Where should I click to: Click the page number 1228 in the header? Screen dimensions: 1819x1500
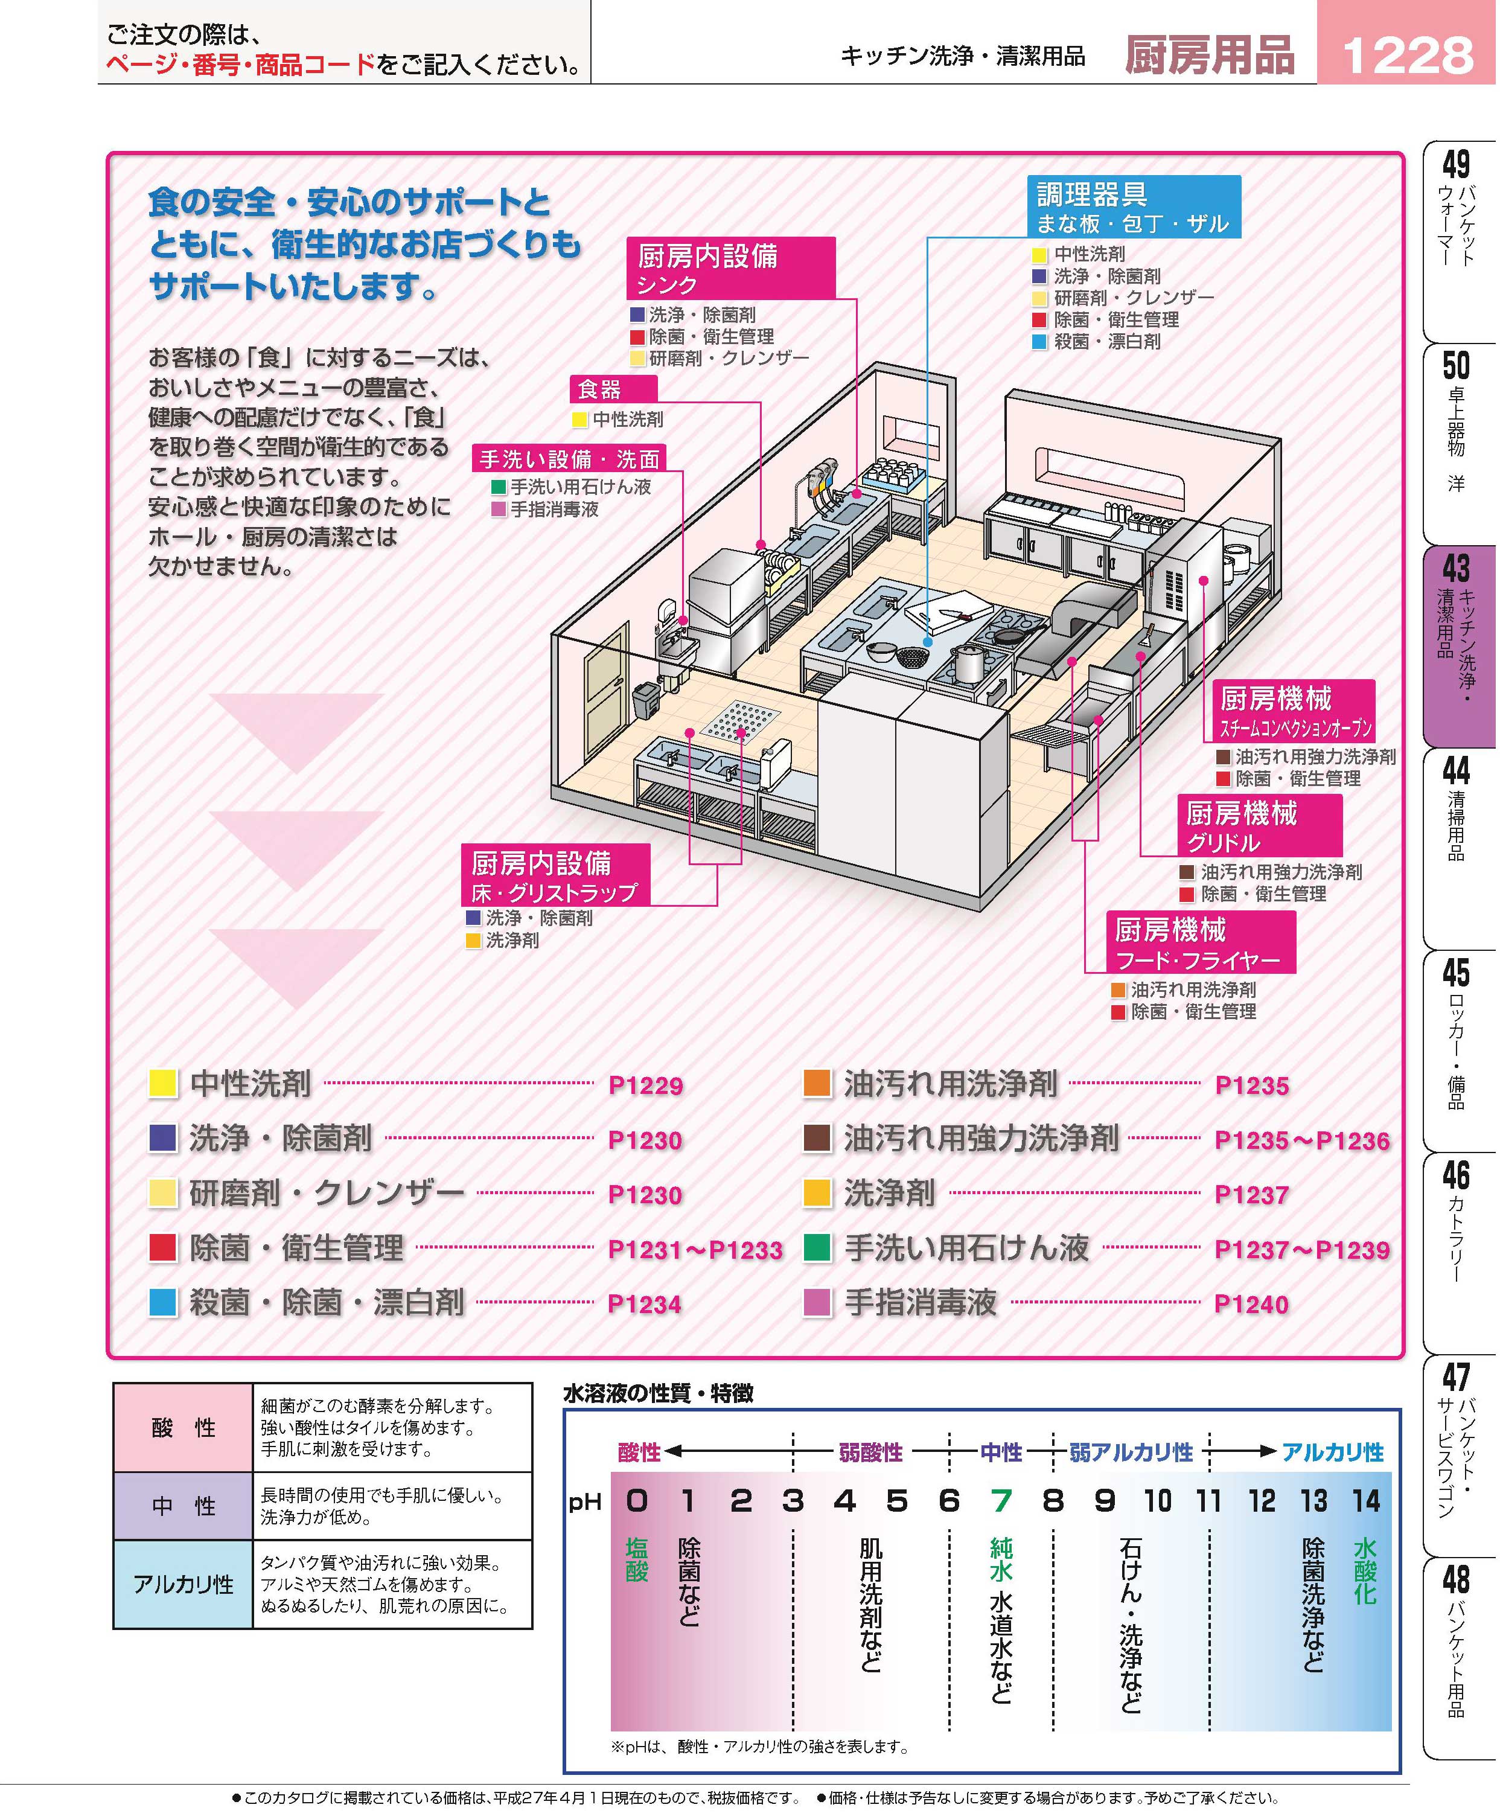pyautogui.click(x=1408, y=56)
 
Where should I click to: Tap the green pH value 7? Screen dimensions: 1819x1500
pyautogui.click(x=1001, y=1501)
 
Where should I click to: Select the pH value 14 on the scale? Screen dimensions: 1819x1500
pyautogui.click(x=1366, y=1501)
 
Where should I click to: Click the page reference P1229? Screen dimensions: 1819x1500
pyautogui.click(x=645, y=1085)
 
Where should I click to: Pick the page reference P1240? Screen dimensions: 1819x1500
pyautogui.click(x=1251, y=1304)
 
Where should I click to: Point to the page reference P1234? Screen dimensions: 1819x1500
pyautogui.click(x=645, y=1304)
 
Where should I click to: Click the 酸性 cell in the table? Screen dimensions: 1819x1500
pyautogui.click(x=183, y=1428)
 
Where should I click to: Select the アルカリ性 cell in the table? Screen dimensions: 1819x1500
pyautogui.click(x=183, y=1584)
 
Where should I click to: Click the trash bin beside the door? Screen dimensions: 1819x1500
pyautogui.click(x=645, y=699)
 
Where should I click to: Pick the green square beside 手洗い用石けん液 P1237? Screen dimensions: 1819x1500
pyautogui.click(x=817, y=1248)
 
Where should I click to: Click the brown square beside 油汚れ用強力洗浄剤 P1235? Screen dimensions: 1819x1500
pyautogui.click(x=817, y=1139)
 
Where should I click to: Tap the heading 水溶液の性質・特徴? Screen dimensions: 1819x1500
pyautogui.click(x=659, y=1393)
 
